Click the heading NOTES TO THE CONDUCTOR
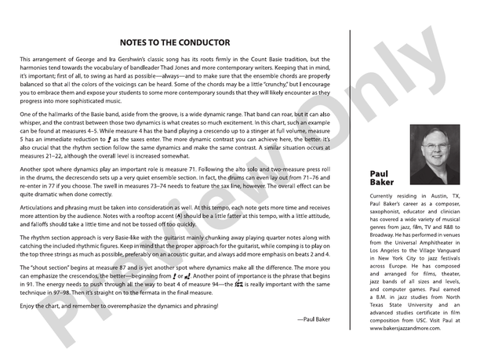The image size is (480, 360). pyautogui.click(x=175, y=42)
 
